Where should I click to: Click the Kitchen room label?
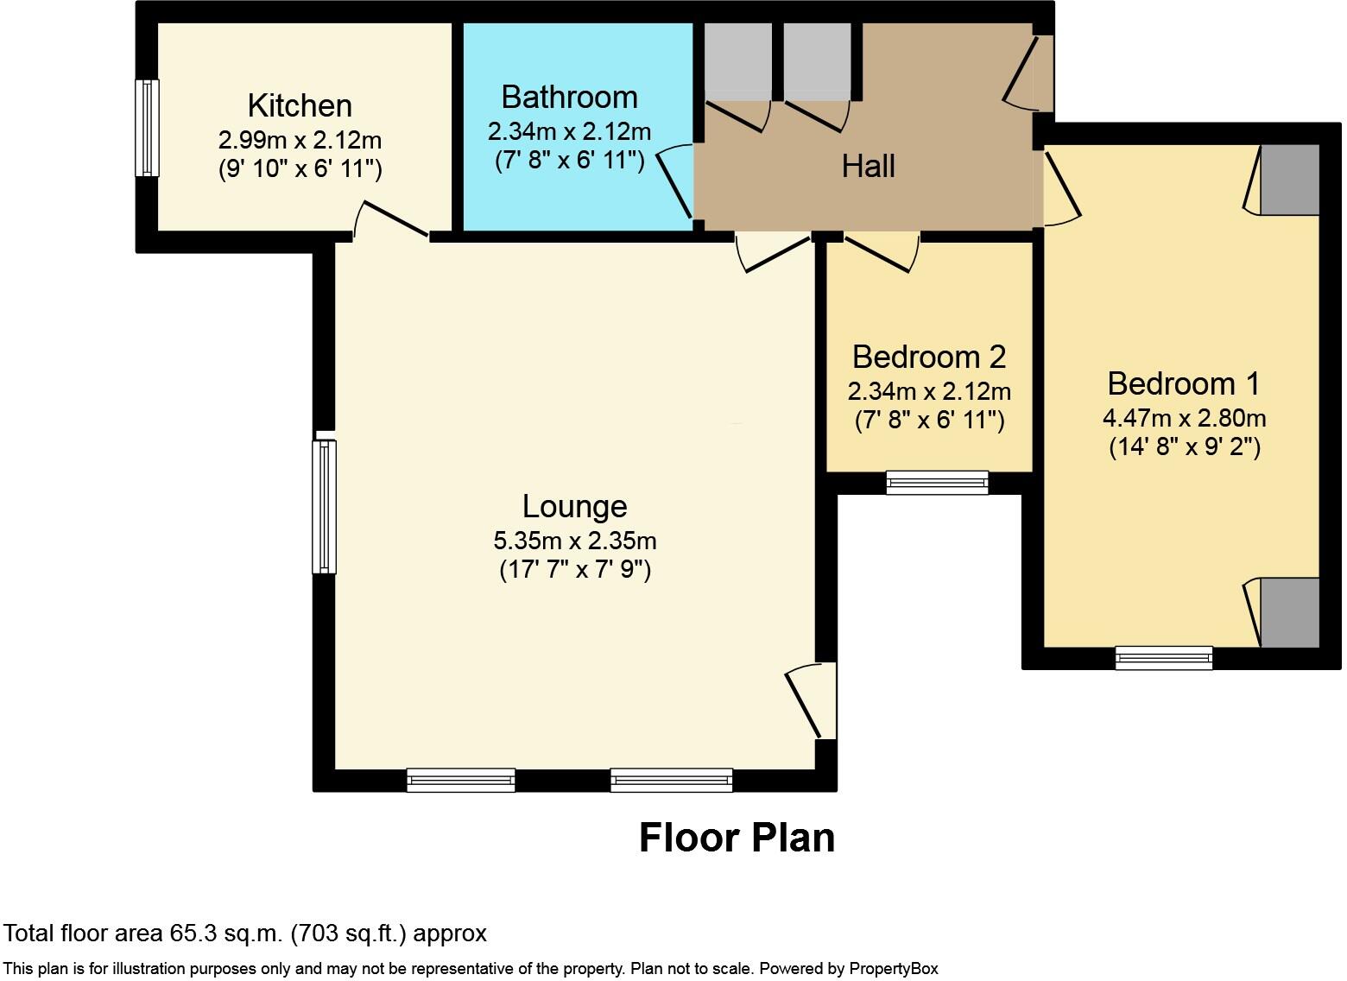(x=300, y=105)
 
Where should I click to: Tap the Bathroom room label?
(x=569, y=97)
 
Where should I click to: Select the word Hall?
(x=868, y=166)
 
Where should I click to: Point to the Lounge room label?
(x=574, y=506)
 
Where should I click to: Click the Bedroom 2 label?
(x=929, y=357)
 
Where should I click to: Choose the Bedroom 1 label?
(x=1184, y=383)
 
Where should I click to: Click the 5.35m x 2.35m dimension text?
(x=574, y=541)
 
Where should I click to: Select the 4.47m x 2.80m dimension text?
(x=1184, y=418)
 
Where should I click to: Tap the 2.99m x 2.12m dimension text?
(x=300, y=139)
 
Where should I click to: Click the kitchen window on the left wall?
(x=149, y=127)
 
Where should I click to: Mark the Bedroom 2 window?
(x=937, y=482)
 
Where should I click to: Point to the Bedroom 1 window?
(x=1163, y=657)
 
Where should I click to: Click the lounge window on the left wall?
(x=324, y=506)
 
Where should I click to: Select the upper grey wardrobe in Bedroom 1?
(x=1289, y=180)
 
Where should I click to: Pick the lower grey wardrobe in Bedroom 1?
(x=1289, y=612)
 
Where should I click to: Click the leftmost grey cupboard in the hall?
(x=737, y=60)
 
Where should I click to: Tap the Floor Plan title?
(x=737, y=838)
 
